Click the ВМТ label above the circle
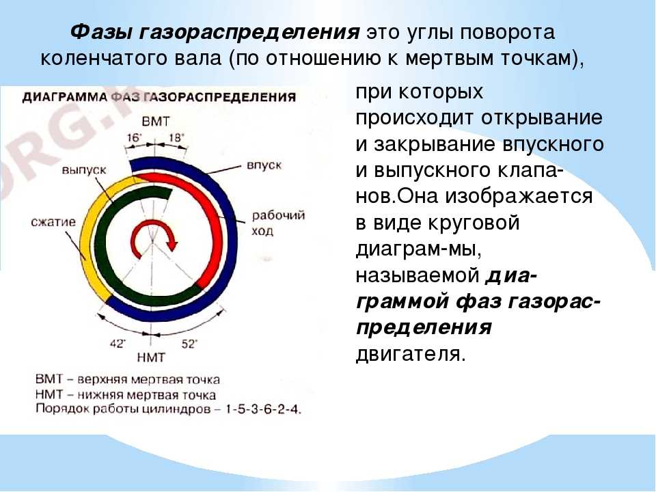click(156, 122)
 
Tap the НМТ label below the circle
click(151, 357)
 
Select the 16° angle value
click(135, 138)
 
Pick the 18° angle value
click(176, 137)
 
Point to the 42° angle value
click(118, 344)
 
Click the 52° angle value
click(189, 344)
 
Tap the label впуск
click(264, 165)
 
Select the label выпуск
click(84, 170)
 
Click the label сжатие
click(53, 221)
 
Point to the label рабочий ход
click(278, 223)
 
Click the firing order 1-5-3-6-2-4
click(263, 409)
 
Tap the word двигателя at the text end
click(410, 354)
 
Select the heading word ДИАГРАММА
click(66, 97)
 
